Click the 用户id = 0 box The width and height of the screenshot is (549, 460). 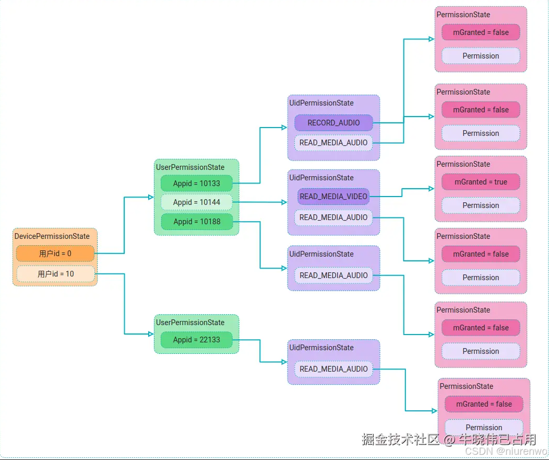click(x=55, y=254)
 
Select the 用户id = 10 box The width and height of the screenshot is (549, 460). click(x=55, y=274)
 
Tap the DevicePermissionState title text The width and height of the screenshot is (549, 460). click(x=52, y=236)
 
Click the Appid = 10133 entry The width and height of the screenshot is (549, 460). click(x=196, y=183)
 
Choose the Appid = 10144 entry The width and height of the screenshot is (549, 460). click(x=196, y=202)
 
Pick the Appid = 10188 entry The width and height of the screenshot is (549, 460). click(x=196, y=222)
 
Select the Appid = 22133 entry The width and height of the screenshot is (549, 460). click(x=196, y=340)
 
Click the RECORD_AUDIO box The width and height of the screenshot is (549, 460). click(x=333, y=123)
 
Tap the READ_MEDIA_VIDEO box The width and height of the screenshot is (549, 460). click(x=333, y=197)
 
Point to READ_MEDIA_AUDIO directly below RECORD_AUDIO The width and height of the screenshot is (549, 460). click(x=333, y=143)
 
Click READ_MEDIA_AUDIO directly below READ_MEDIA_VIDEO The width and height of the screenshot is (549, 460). click(x=333, y=217)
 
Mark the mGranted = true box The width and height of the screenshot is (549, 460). click(x=481, y=182)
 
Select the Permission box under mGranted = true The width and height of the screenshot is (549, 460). click(x=481, y=205)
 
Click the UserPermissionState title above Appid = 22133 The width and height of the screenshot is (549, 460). click(x=190, y=323)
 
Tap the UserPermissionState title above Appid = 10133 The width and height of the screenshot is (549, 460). click(x=190, y=167)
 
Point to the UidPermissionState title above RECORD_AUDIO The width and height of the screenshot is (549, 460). click(x=321, y=103)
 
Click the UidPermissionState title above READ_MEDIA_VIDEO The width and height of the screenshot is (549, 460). click(x=321, y=178)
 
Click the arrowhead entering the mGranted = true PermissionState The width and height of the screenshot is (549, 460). click(x=431, y=188)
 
